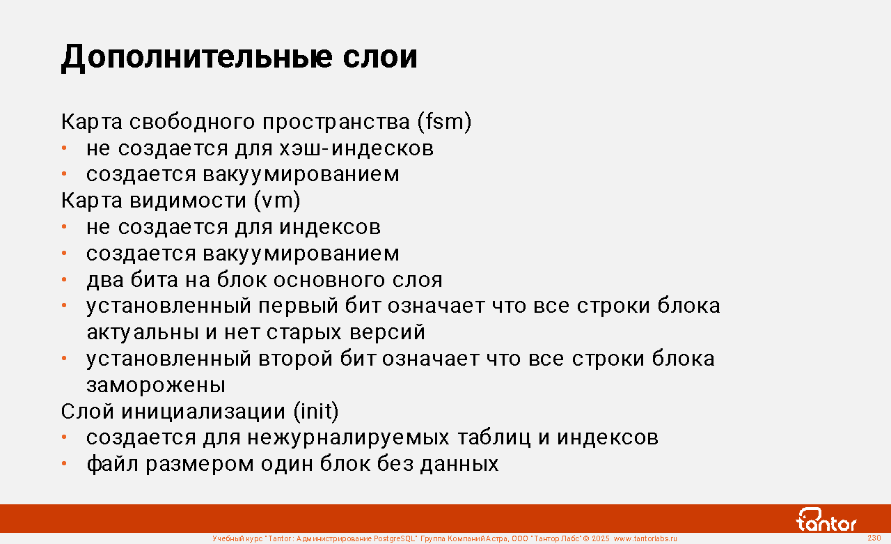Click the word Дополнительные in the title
196,57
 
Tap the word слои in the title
380,57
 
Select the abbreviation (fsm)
444,122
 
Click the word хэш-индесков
356,148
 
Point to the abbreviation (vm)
277,200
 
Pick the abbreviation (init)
316,411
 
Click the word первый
298,306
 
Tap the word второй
295,359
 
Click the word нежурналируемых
349,437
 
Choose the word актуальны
143,333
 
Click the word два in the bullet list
105,280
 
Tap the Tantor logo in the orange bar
826,520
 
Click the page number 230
874,538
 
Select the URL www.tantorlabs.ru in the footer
645,538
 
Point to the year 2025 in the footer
600,538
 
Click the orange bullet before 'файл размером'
64,464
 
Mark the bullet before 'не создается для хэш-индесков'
64,148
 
